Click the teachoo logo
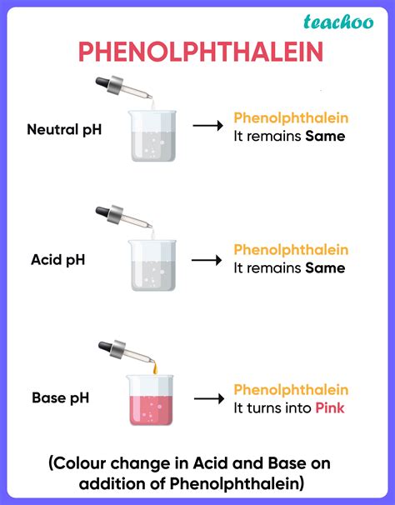(x=338, y=22)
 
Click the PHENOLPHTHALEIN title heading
(x=201, y=52)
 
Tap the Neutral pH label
(x=64, y=129)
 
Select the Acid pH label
(x=58, y=260)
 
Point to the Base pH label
(x=60, y=397)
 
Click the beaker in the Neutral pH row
(x=152, y=136)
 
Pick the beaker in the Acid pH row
(x=152, y=265)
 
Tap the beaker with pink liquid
(x=150, y=400)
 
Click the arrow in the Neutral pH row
(x=207, y=125)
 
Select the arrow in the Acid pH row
(x=207, y=260)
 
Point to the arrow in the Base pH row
(x=209, y=398)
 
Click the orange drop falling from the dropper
(x=155, y=367)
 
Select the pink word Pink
(x=330, y=407)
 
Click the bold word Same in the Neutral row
(x=325, y=136)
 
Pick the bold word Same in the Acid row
(x=325, y=268)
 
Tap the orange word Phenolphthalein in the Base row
(x=291, y=390)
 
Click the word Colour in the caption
(x=79, y=463)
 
